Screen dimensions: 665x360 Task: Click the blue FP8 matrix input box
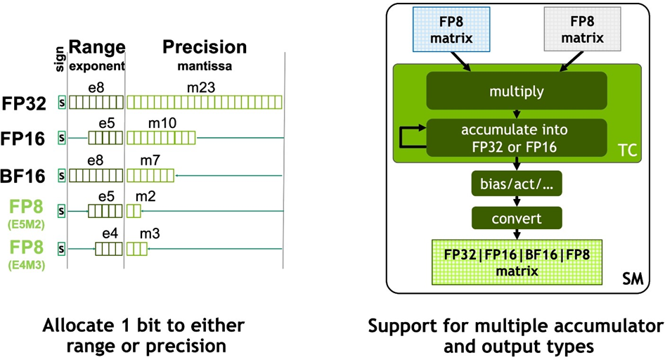click(451, 30)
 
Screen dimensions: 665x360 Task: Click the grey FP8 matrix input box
click(582, 30)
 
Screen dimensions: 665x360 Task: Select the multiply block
click(517, 91)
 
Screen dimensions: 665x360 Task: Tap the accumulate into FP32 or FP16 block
click(517, 138)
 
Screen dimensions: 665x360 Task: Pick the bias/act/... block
click(517, 184)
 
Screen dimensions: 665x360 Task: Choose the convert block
click(517, 219)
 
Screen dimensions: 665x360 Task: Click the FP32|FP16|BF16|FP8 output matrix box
click(517, 262)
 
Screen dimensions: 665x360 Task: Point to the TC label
click(627, 150)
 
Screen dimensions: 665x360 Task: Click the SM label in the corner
click(633, 279)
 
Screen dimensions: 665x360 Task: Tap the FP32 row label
click(24, 103)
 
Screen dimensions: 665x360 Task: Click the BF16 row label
click(23, 176)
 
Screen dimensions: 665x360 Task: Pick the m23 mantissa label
click(201, 88)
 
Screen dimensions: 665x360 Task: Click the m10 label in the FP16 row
click(162, 123)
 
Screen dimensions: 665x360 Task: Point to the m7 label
click(150, 160)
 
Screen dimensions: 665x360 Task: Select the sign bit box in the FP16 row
click(62, 138)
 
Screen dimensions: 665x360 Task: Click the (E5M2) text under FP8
click(26, 225)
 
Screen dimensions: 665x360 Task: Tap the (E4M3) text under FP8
click(26, 266)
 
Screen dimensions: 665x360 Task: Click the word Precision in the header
click(205, 47)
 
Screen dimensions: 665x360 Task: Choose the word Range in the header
click(97, 47)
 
